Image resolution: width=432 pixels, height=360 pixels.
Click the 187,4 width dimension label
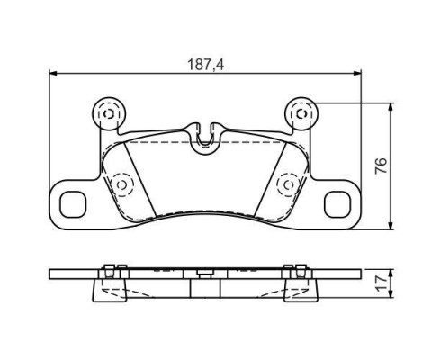(205, 65)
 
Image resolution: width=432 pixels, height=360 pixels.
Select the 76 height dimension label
(381, 166)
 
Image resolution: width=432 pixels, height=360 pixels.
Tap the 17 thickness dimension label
(381, 283)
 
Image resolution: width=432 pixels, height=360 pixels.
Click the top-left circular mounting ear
(108, 114)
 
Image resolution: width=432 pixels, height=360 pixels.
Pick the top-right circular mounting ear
(301, 114)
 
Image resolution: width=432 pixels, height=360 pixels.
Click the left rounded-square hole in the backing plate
(73, 204)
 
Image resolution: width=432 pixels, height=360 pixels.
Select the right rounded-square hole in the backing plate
(337, 204)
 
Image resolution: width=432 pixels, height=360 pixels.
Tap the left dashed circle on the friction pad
(121, 184)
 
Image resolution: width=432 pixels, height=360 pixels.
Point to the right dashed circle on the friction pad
(289, 184)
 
